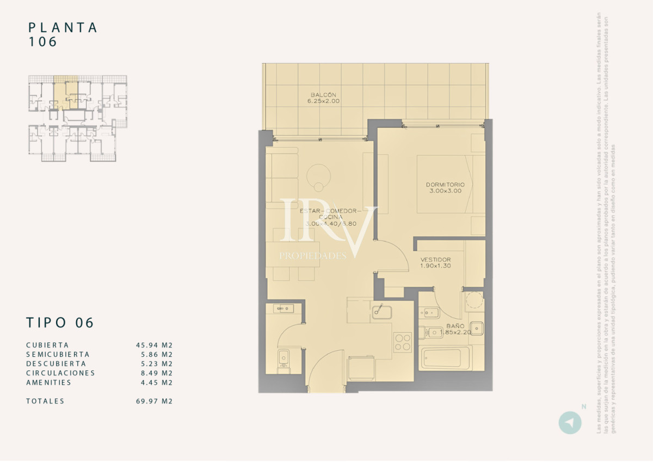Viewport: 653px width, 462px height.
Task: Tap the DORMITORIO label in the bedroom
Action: click(445, 185)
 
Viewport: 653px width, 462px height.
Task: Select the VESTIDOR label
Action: click(435, 259)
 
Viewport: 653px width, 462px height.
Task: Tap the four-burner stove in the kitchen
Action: click(403, 342)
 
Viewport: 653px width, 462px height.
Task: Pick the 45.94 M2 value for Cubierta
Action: click(154, 345)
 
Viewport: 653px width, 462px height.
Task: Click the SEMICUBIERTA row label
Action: click(58, 354)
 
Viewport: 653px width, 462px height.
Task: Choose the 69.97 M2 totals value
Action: click(154, 401)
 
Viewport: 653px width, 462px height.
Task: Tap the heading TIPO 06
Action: click(60, 323)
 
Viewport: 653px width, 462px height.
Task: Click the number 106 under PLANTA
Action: click(43, 42)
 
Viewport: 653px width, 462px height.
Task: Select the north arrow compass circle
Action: click(570, 423)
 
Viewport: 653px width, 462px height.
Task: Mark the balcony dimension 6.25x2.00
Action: click(323, 101)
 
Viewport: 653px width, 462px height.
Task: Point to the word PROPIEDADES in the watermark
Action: click(313, 256)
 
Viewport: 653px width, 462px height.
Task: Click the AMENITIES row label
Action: click(48, 382)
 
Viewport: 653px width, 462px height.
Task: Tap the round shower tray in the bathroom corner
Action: click(474, 301)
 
